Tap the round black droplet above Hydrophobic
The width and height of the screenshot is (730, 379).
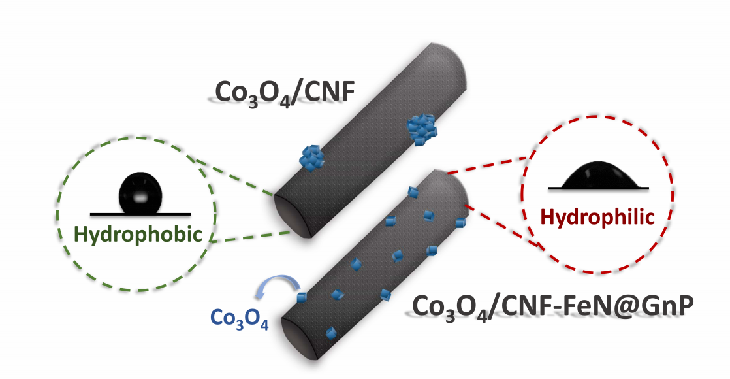(139, 193)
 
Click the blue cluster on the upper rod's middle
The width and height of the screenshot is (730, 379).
(311, 157)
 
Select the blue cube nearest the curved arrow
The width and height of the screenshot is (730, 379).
(302, 298)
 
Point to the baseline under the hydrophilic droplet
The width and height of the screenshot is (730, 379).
(598, 189)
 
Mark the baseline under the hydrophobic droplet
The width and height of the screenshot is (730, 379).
(140, 214)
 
